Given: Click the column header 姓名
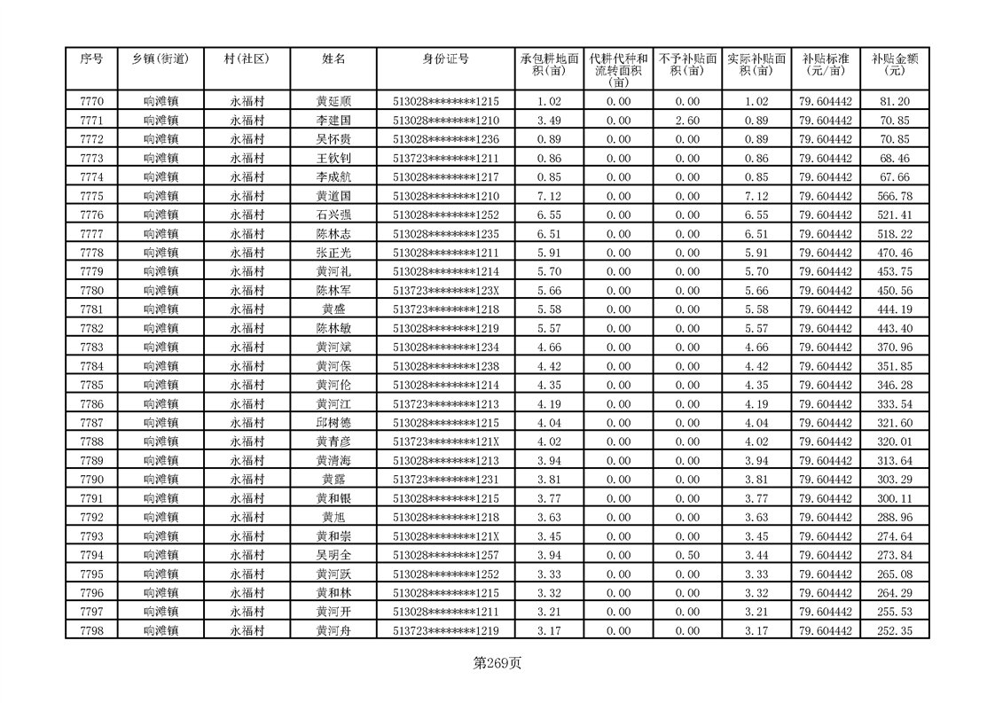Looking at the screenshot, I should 333,59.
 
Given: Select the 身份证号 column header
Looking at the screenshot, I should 445,59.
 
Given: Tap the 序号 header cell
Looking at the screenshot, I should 91,59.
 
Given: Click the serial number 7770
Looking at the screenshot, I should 91,101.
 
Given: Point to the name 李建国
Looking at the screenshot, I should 333,121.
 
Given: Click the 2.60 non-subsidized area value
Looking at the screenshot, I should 686,121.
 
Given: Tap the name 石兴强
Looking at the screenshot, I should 333,215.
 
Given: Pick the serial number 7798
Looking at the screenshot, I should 91,631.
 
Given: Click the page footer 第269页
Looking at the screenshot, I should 497,662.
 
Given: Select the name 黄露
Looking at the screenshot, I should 333,480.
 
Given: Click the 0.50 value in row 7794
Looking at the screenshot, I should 686,556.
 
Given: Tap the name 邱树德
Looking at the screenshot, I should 333,423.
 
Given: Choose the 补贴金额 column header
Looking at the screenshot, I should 894,65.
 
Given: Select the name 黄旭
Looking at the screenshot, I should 333,518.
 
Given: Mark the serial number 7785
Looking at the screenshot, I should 91,386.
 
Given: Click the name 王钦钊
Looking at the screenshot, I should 333,158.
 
